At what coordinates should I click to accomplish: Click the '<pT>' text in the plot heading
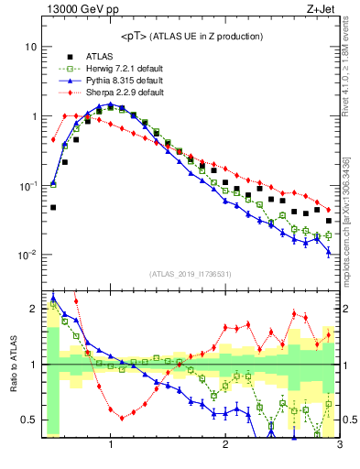click(136, 37)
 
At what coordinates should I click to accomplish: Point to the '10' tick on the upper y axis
click(29, 47)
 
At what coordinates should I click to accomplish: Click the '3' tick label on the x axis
click(339, 445)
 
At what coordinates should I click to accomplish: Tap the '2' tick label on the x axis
click(225, 445)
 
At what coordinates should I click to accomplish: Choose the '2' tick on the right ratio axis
click(348, 309)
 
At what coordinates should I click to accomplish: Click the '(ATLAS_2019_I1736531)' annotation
click(191, 274)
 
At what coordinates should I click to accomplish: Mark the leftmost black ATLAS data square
click(53, 207)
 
